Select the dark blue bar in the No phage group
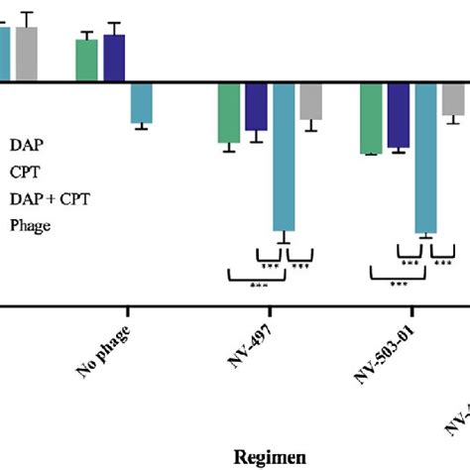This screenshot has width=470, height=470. click(x=115, y=59)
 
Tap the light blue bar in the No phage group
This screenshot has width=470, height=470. click(x=142, y=102)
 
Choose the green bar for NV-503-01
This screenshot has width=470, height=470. click(x=371, y=118)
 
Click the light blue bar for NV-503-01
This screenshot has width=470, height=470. click(x=425, y=158)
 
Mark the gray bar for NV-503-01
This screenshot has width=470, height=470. click(x=453, y=98)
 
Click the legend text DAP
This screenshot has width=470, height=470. click(x=27, y=145)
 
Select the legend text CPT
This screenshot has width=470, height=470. click(x=26, y=172)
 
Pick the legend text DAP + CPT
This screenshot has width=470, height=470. click(x=50, y=198)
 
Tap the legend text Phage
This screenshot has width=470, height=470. click(x=30, y=225)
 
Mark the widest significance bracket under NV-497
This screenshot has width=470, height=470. click(x=256, y=279)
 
